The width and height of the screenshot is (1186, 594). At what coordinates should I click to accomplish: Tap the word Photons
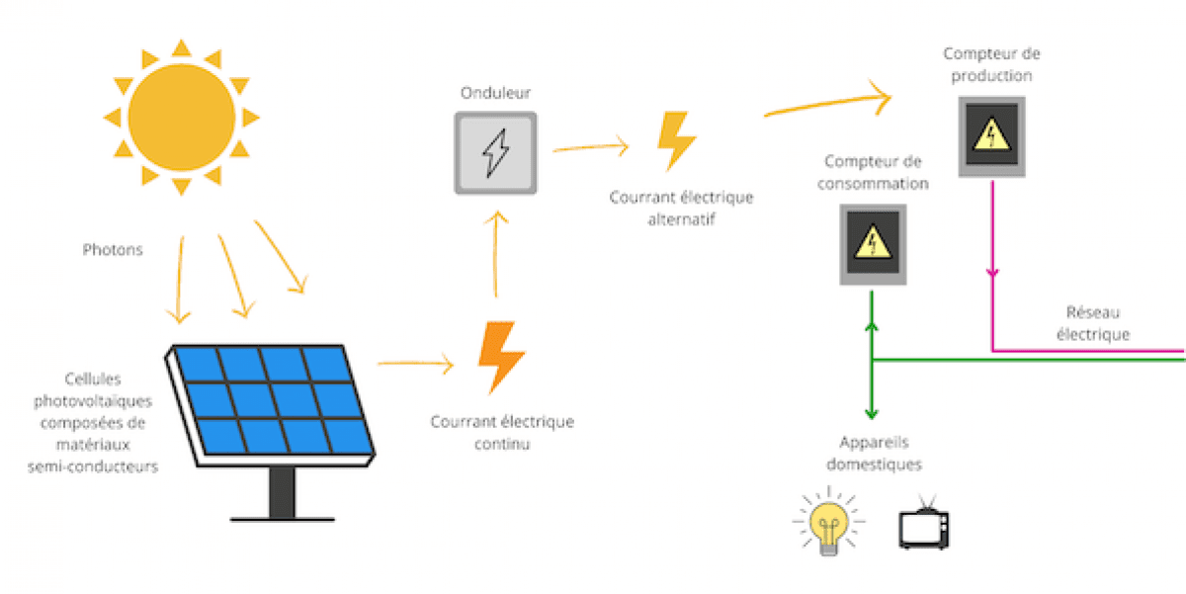pyautogui.click(x=112, y=250)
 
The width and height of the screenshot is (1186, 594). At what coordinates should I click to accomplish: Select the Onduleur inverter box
pyautogui.click(x=496, y=152)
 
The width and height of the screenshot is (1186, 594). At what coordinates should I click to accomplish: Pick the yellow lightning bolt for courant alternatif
pyautogui.click(x=677, y=141)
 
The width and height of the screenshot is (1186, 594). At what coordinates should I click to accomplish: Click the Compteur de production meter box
pyautogui.click(x=990, y=136)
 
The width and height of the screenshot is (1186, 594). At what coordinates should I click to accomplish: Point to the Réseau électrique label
pyautogui.click(x=1092, y=322)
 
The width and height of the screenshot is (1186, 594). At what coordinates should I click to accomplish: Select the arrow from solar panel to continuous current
pyautogui.click(x=415, y=365)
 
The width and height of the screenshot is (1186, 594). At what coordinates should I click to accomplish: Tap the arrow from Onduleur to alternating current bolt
pyautogui.click(x=590, y=148)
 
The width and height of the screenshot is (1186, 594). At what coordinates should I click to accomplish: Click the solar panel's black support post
pyautogui.click(x=282, y=490)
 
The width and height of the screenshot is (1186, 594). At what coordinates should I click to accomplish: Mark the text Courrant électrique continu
pyautogui.click(x=502, y=433)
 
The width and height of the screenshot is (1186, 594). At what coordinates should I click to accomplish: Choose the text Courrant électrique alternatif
pyautogui.click(x=681, y=208)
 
